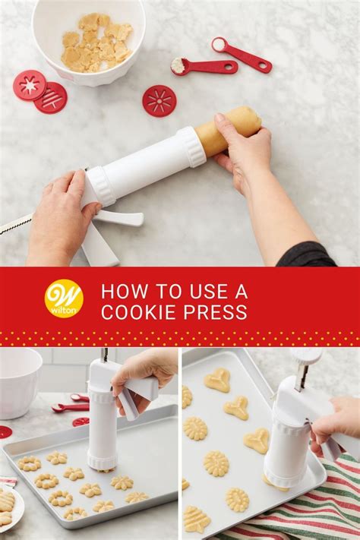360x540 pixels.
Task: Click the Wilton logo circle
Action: (64, 298)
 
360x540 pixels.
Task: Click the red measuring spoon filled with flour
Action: (199, 67)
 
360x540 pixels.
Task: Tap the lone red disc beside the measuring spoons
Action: (159, 100)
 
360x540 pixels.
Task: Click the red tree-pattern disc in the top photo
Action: (51, 98)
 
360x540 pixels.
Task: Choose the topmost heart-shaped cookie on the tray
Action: (217, 380)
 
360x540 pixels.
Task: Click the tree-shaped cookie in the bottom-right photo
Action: (197, 519)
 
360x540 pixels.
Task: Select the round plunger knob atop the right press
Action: (306, 355)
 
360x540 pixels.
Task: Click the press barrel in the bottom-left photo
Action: (101, 425)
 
